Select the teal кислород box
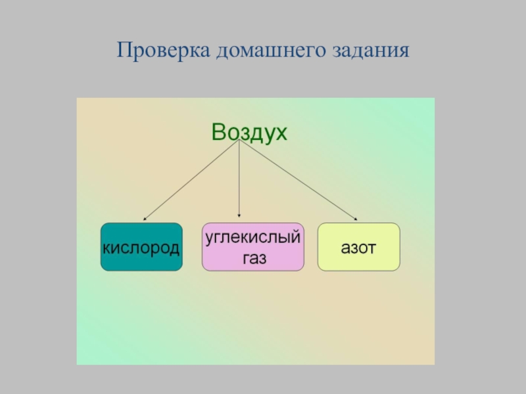tap(141, 247)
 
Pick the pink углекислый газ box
tap(253, 247)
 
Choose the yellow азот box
tap(358, 247)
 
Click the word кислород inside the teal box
tap(141, 248)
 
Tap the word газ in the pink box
tap(253, 258)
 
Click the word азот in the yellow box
tap(358, 248)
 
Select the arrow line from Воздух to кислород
tap(191, 181)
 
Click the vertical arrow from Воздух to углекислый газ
tap(239, 181)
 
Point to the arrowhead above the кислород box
tap(145, 217)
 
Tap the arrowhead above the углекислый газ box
tap(239, 215)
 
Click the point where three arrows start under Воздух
tap(239, 144)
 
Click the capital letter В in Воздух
tap(218, 133)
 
